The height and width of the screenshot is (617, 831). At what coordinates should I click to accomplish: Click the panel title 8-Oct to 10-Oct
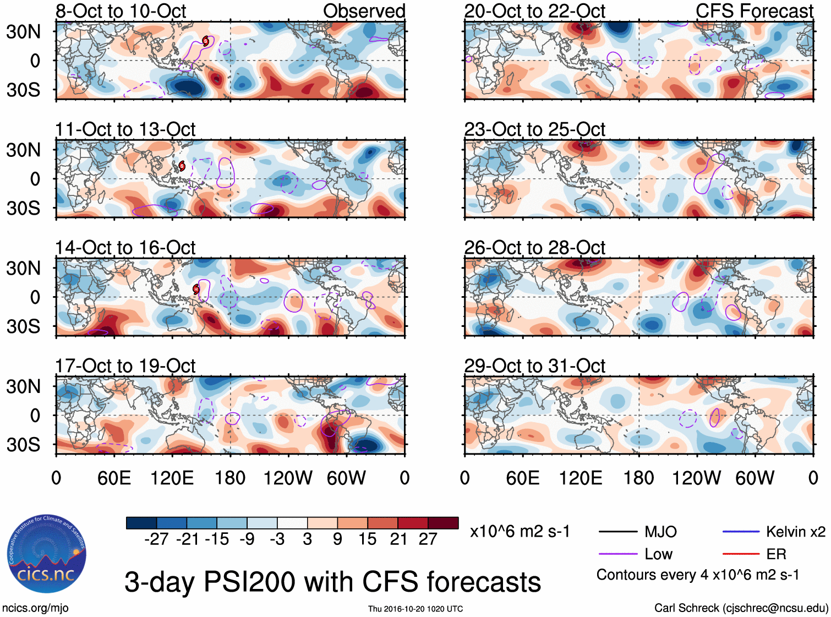click(121, 11)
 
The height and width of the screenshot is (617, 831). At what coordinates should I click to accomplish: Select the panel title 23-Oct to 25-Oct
click(534, 129)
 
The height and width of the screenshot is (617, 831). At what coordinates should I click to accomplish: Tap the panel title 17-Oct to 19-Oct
click(125, 366)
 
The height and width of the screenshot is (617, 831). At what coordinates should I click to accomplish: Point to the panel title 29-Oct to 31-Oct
click(534, 366)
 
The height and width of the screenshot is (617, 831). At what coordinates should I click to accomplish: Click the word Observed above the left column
click(364, 11)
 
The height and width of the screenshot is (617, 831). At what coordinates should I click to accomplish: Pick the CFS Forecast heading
click(754, 11)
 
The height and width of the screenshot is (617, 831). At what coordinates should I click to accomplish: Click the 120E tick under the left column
click(172, 478)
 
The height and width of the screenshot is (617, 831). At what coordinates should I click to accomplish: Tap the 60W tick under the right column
click(755, 478)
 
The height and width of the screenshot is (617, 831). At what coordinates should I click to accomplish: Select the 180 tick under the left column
click(230, 478)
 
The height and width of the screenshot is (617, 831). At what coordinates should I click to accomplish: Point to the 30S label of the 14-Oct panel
click(23, 326)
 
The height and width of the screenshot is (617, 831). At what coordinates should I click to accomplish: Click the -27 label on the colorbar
click(156, 539)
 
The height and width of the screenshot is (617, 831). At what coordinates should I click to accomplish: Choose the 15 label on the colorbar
click(367, 539)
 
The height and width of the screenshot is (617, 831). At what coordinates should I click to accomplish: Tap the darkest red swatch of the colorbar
click(443, 523)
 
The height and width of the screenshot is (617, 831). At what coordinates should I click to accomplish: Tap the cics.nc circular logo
click(46, 554)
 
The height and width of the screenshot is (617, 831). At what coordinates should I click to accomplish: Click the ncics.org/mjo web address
click(35, 608)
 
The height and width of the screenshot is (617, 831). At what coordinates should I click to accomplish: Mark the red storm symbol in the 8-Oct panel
click(206, 41)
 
